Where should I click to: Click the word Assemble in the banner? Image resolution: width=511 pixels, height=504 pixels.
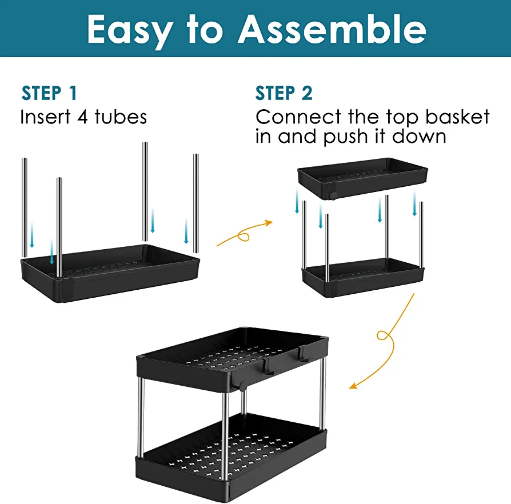pos(332,29)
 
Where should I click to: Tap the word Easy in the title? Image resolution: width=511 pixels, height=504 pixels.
pos(130,31)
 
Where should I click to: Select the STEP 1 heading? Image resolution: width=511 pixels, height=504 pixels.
pos(49,93)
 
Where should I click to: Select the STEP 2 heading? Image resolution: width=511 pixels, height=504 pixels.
pos(284,93)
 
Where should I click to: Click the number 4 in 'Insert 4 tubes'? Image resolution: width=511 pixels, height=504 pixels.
pos(83,117)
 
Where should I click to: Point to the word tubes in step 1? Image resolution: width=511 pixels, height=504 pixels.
pos(121,117)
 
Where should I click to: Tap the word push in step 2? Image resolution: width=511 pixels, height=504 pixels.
pos(345,137)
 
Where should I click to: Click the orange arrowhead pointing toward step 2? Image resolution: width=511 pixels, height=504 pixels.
pos(269,223)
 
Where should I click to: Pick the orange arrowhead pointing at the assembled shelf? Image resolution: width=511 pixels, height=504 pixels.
pos(353,385)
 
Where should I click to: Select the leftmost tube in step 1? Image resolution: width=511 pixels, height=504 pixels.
pos(24,207)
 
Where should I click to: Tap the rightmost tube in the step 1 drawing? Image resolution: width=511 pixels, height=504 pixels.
pos(196,203)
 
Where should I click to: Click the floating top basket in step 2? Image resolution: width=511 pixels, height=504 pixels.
pos(362,178)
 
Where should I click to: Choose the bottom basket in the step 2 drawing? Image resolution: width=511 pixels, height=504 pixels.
pos(363,277)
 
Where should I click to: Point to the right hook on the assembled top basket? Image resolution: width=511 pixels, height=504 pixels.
pos(303,354)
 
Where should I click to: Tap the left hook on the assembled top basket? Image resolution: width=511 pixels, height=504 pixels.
pos(268,366)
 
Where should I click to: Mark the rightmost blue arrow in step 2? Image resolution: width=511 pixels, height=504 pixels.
pos(414,203)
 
